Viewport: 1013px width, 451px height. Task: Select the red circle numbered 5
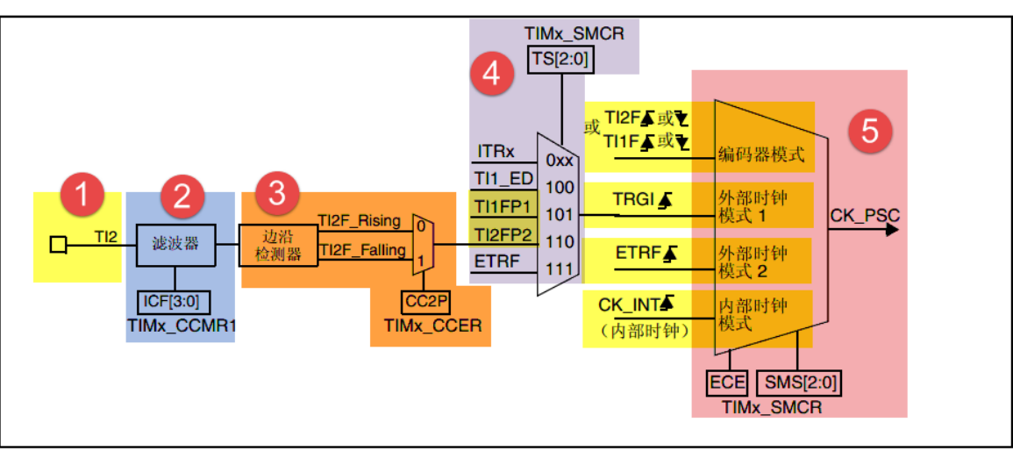tap(869, 132)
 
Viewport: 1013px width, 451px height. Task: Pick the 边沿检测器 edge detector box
tap(276, 244)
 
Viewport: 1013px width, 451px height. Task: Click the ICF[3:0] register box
tap(172, 303)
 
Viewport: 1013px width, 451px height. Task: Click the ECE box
tap(727, 382)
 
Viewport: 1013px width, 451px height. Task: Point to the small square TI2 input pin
tap(58, 245)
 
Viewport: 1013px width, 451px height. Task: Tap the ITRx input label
tap(496, 153)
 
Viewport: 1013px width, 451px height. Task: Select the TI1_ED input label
tap(504, 178)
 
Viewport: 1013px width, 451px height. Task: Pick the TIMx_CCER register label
tap(432, 326)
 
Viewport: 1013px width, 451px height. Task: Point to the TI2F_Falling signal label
tap(362, 251)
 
